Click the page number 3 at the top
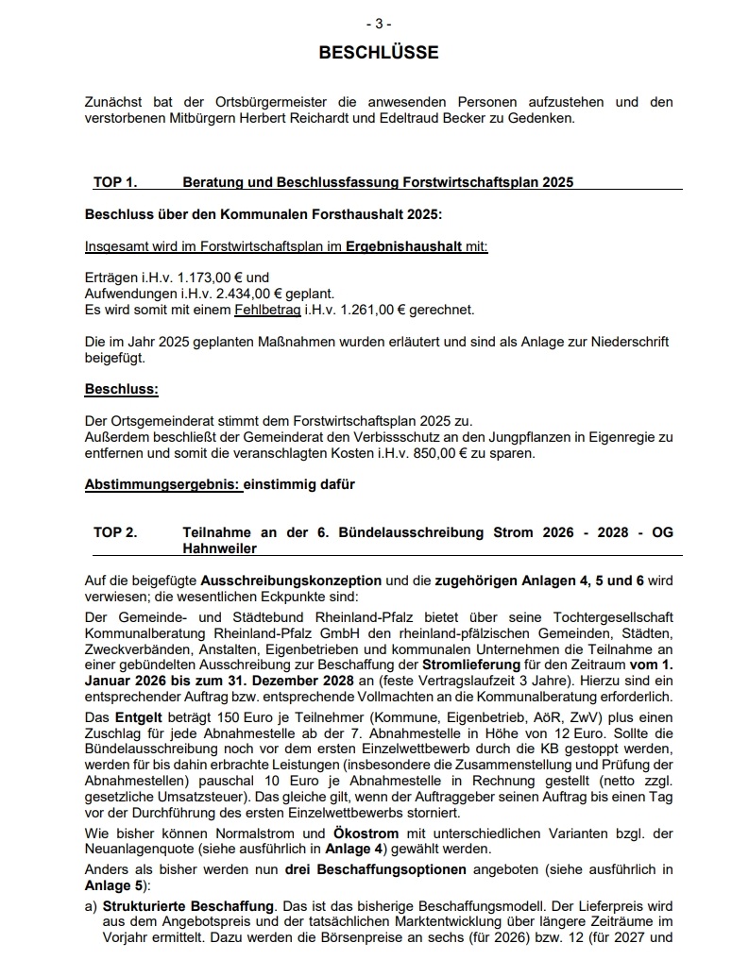pos(378,24)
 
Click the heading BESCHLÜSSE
pos(378,53)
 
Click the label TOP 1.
pos(115,181)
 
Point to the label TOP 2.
pos(115,532)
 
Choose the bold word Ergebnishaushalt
pos(404,246)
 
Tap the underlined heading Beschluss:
pos(122,389)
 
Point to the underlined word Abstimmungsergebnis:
pos(162,485)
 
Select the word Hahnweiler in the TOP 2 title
pos(219,548)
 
